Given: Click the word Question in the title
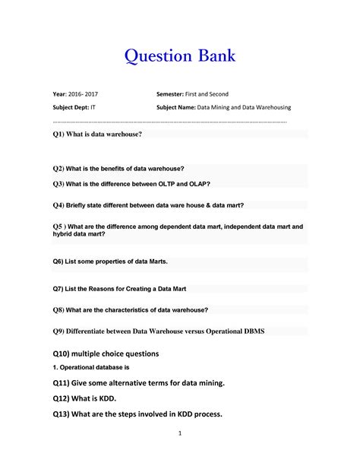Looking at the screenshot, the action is [155, 56].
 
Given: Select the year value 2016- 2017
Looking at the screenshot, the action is [82, 94].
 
